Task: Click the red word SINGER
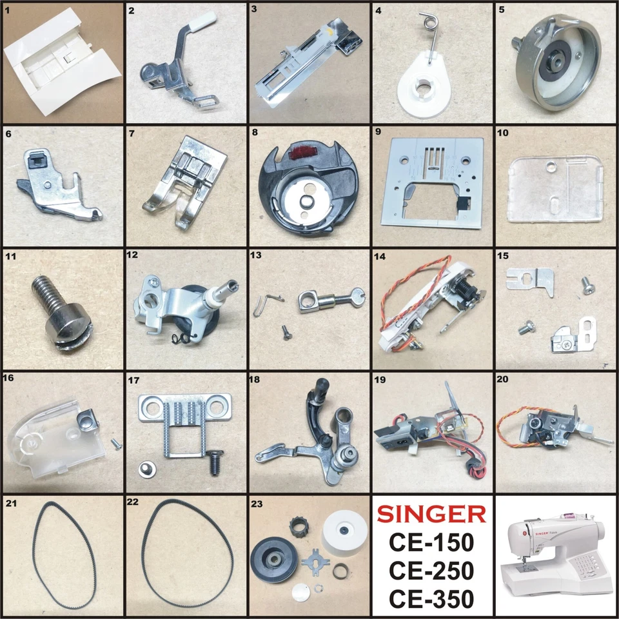[431, 514]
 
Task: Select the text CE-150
[431, 543]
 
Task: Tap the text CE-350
[431, 598]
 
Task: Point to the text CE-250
[431, 571]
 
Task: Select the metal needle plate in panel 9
[432, 187]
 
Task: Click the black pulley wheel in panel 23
[276, 559]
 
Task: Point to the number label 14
[380, 257]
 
